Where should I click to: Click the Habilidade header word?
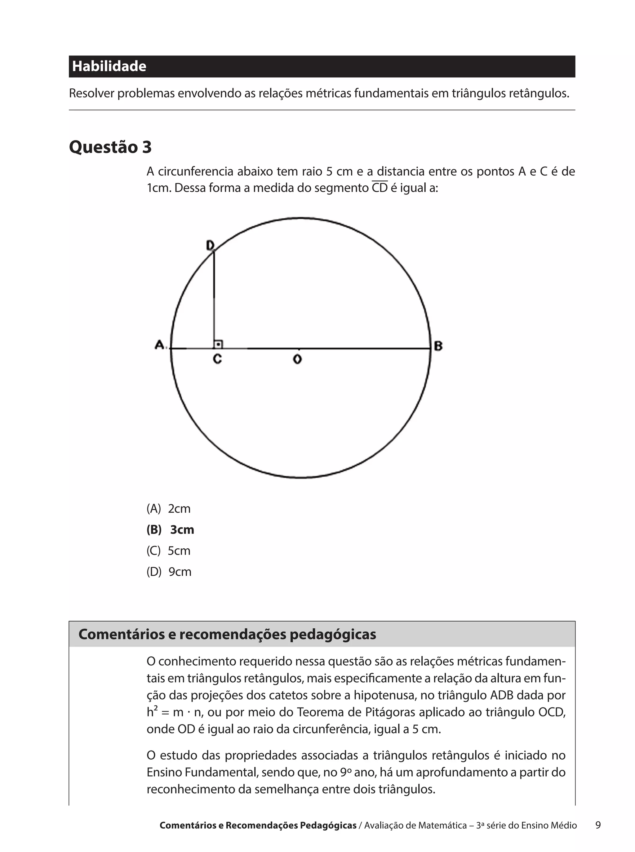[109, 66]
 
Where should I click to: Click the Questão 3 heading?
[110, 147]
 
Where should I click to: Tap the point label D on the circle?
[210, 245]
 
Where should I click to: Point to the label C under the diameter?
[217, 359]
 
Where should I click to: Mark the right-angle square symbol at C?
[218, 344]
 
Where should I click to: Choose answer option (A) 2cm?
[168, 509]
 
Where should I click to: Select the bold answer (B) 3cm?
[170, 530]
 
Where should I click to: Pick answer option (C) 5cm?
[168, 551]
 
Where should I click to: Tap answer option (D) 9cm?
[169, 572]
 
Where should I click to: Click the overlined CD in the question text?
[380, 188]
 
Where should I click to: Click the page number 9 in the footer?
[598, 825]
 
